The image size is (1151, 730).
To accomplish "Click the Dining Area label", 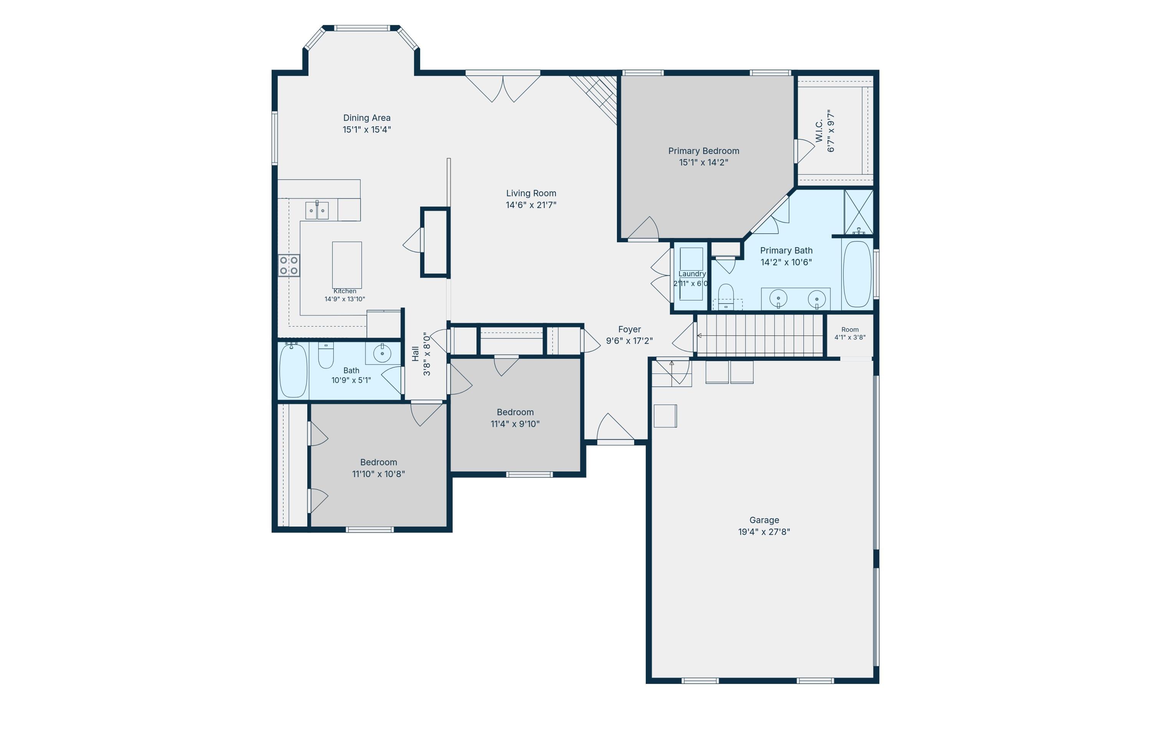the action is tap(367, 117).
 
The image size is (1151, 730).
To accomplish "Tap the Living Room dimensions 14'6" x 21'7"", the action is tap(531, 205).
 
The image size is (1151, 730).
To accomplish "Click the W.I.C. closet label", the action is tap(819, 130).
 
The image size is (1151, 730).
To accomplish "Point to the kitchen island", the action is tap(347, 265).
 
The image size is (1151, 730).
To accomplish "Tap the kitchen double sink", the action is tap(317, 210).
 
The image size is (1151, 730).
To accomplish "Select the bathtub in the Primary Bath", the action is tap(857, 273).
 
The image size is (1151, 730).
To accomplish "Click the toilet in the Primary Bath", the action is tap(726, 296).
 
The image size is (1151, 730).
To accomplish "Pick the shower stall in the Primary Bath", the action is tap(859, 212).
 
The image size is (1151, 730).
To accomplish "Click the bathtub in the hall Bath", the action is tap(293, 370).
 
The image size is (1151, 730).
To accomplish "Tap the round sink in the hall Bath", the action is tap(383, 353).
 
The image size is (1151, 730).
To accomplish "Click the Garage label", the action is tap(764, 520).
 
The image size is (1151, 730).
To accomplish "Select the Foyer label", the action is tap(630, 329).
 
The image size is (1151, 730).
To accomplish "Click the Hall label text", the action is tap(416, 354).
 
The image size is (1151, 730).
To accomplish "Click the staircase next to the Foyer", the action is tap(760, 335).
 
